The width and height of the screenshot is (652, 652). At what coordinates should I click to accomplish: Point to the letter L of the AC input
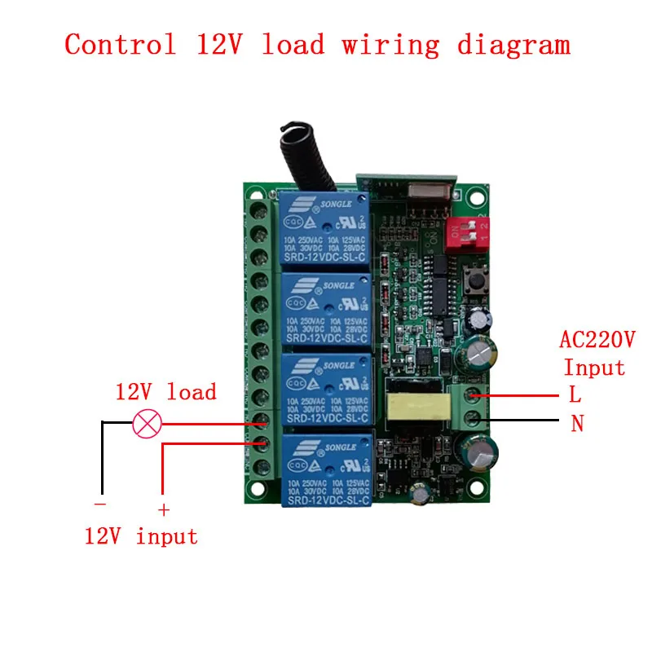point(575,395)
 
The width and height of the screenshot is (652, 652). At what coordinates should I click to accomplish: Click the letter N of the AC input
point(576,425)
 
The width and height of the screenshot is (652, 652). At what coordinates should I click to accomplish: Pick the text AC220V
point(597,339)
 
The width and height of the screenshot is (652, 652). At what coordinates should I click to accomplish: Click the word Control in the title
point(121,44)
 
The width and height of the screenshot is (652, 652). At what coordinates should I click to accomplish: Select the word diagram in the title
point(513,44)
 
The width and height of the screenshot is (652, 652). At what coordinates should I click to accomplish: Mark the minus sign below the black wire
point(101,506)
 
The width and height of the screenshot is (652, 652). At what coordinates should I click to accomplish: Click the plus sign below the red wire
point(163,510)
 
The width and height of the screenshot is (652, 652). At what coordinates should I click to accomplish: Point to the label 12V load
point(165,392)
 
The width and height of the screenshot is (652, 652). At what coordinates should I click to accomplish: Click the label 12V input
point(141,536)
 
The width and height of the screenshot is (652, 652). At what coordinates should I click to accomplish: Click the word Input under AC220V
point(594,368)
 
